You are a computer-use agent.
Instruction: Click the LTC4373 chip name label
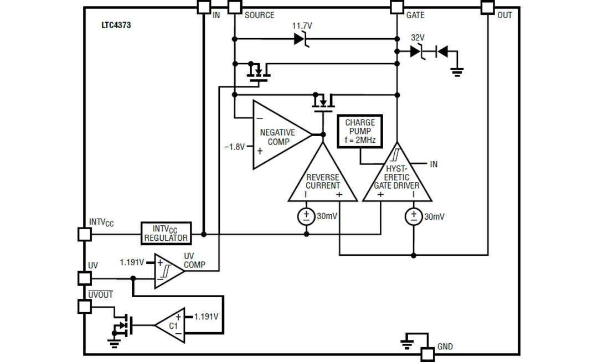[116, 25]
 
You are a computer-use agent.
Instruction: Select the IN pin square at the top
[204, 7]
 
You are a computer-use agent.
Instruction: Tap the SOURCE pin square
[235, 7]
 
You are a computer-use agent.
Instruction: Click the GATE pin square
[397, 7]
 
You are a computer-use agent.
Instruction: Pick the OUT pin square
[487, 7]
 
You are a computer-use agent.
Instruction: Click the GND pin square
[427, 354]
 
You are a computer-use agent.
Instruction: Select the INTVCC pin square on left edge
[84, 234]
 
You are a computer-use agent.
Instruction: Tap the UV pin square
[84, 278]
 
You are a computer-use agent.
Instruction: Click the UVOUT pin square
[84, 306]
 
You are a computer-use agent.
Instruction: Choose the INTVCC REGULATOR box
[166, 234]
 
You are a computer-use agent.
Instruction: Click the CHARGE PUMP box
[360, 131]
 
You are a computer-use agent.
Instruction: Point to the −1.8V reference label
[234, 147]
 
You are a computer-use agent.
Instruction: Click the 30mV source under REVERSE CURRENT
[306, 216]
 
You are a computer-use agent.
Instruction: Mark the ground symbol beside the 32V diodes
[457, 71]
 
